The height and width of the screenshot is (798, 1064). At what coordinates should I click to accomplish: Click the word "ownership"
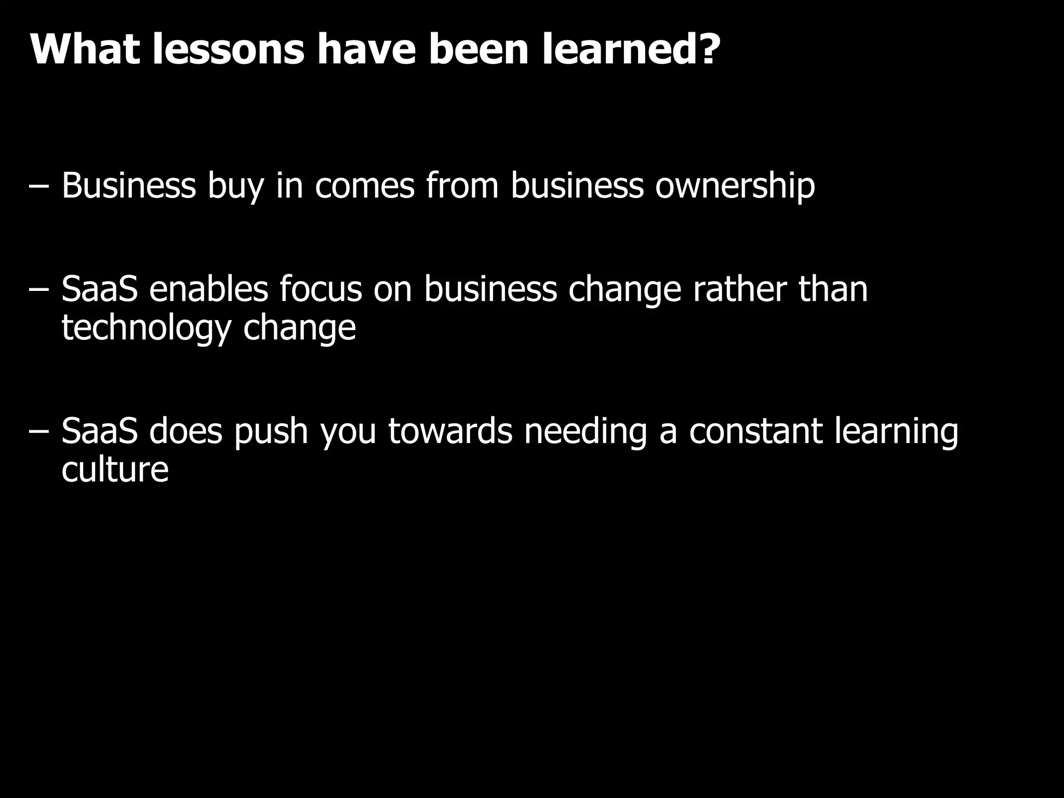coord(735,185)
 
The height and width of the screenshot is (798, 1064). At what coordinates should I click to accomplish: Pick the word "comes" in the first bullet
coord(365,185)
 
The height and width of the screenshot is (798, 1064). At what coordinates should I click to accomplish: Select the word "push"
coord(271,432)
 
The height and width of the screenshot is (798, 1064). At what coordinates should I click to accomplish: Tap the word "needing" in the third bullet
coord(586,432)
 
